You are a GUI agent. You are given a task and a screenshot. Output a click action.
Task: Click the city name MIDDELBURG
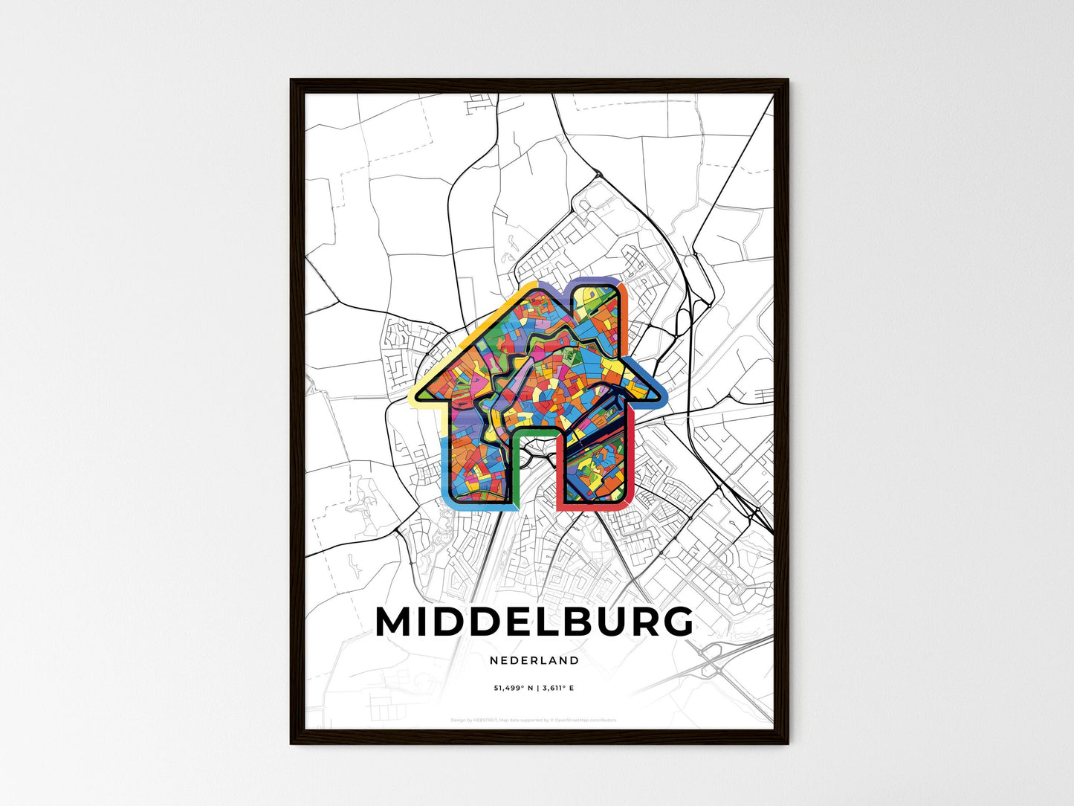pos(534,622)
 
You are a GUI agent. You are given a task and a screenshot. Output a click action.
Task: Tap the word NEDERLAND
pos(534,660)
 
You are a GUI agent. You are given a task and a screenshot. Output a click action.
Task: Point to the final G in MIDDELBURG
pos(674,622)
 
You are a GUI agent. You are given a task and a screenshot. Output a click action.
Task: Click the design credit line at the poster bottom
pos(534,720)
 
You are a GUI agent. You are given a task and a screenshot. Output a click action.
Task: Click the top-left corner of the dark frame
pos(291,80)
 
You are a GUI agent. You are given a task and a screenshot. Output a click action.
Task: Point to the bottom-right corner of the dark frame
pos(787,743)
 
